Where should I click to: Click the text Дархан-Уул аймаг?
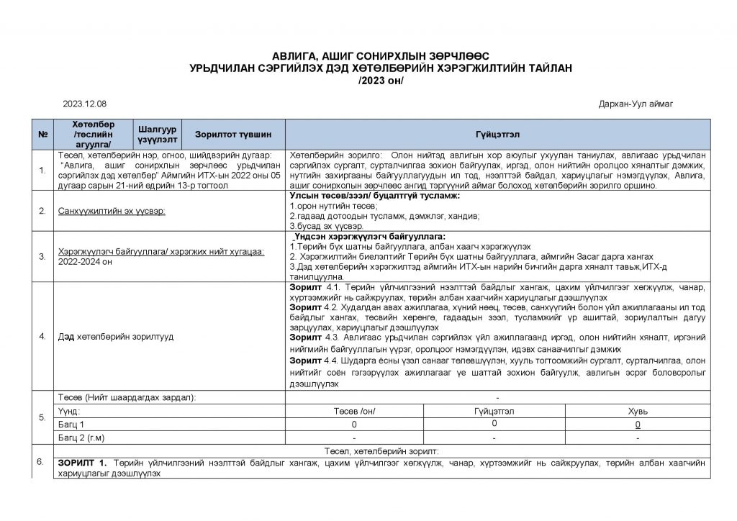click(x=636, y=104)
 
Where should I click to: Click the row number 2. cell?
click(x=42, y=212)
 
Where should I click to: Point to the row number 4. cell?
click(x=42, y=336)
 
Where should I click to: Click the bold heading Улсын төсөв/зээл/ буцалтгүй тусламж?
click(x=374, y=196)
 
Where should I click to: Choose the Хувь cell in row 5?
click(x=638, y=411)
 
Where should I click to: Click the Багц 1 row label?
click(x=71, y=425)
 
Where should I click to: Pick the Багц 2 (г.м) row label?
click(x=81, y=438)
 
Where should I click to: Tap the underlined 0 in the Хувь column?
click(x=638, y=425)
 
